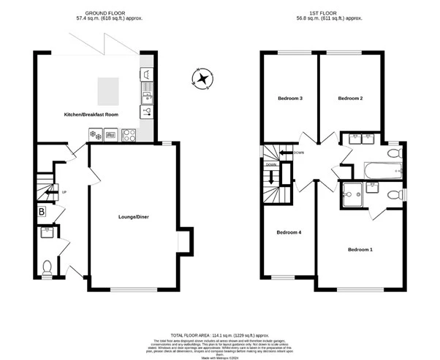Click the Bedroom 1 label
[x=360, y=250]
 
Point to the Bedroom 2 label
[x=351, y=97]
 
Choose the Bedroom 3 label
[x=290, y=98]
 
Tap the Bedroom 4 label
[x=289, y=233]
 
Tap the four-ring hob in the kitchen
[x=129, y=134]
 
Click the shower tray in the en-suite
[x=352, y=194]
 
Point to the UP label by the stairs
[x=64, y=192]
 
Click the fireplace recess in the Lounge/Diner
[x=186, y=241]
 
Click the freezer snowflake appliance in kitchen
[x=96, y=134]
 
